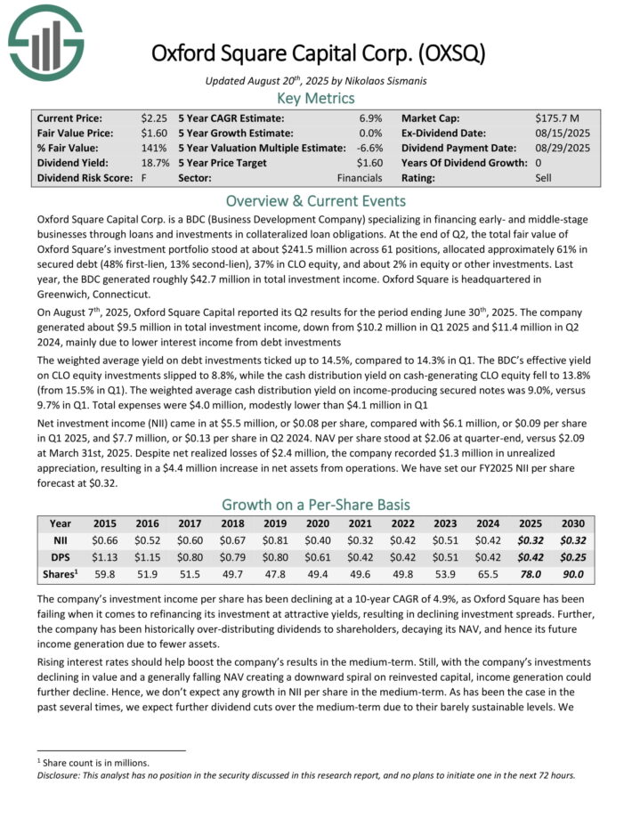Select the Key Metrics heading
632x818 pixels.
click(316, 98)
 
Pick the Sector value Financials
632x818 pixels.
click(360, 178)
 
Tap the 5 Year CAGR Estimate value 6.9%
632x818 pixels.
click(370, 117)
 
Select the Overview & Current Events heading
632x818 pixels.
click(316, 200)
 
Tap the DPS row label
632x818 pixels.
click(61, 557)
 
